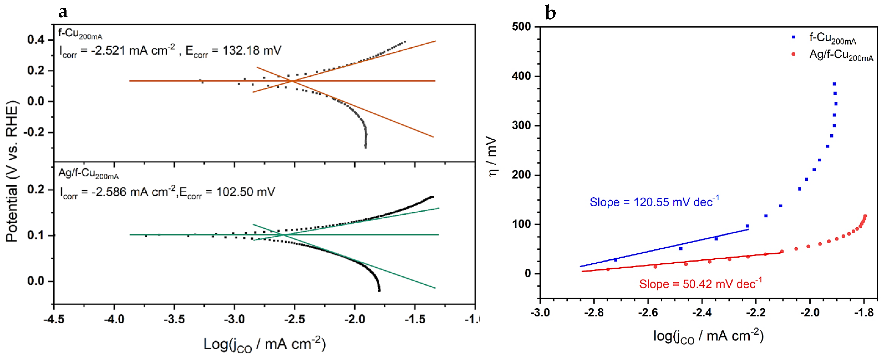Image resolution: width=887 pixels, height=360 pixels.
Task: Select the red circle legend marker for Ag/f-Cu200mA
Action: (x=793, y=54)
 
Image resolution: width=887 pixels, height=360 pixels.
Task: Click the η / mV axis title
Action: (x=492, y=157)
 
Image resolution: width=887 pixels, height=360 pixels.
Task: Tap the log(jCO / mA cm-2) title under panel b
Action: (x=708, y=336)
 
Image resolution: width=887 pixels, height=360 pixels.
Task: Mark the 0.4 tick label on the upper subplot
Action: (x=36, y=40)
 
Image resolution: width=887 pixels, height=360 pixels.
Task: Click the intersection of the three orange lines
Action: (x=292, y=81)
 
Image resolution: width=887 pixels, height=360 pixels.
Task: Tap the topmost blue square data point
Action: (x=834, y=84)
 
